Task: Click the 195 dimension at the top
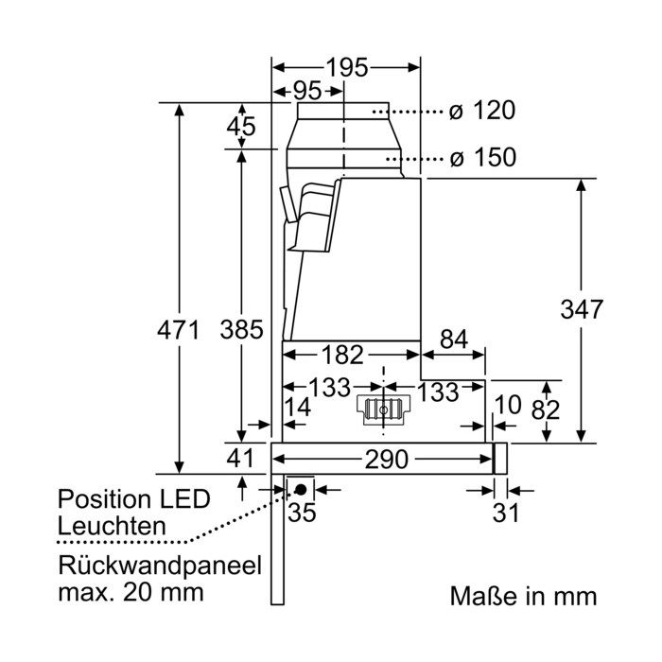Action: (347, 67)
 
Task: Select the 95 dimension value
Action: (307, 91)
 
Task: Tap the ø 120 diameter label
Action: (481, 111)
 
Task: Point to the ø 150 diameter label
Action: (482, 158)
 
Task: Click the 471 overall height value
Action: (178, 330)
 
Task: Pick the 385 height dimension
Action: (241, 330)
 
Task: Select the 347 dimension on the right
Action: (582, 309)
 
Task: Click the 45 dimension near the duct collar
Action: (241, 126)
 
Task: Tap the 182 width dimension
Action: (342, 355)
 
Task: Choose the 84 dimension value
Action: (454, 340)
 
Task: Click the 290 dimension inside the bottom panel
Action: (386, 459)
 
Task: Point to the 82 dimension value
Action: (546, 409)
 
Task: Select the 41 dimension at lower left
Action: (240, 458)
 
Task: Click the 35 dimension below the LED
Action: (302, 513)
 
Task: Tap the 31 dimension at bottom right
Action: (506, 514)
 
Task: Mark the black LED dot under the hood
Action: (301, 490)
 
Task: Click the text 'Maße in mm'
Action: (524, 596)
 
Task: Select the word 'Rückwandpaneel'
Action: (160, 566)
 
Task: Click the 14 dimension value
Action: (297, 408)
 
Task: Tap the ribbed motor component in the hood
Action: (383, 409)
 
